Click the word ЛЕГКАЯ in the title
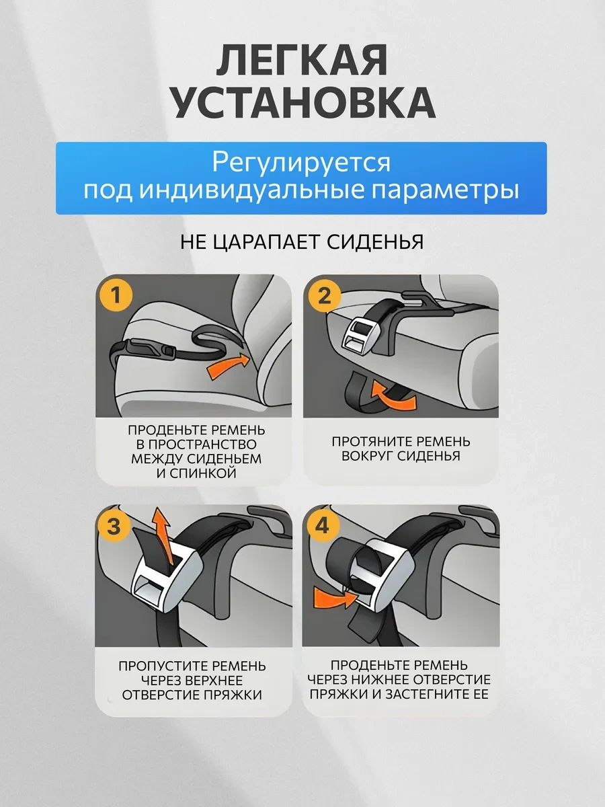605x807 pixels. [302, 61]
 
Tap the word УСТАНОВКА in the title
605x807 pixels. [303, 103]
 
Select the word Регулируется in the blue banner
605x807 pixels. [301, 163]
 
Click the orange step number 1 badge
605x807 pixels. [116, 295]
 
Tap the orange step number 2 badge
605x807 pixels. [324, 296]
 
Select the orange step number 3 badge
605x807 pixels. [114, 526]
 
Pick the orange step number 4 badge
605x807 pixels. [322, 526]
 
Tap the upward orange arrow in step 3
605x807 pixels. [162, 536]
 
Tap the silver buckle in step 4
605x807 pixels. [382, 576]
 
